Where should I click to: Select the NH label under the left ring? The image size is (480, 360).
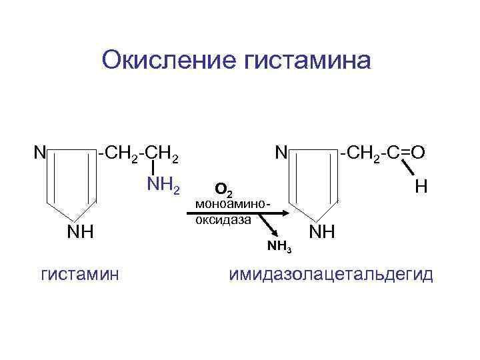(79, 232)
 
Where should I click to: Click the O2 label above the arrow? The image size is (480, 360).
(224, 191)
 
